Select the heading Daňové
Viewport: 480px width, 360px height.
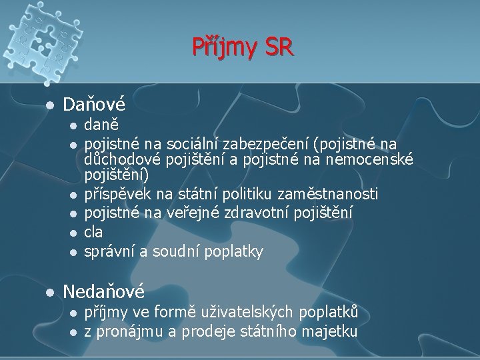(93, 104)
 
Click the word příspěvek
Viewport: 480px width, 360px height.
(115, 194)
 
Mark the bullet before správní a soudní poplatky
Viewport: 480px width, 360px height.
(71, 252)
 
